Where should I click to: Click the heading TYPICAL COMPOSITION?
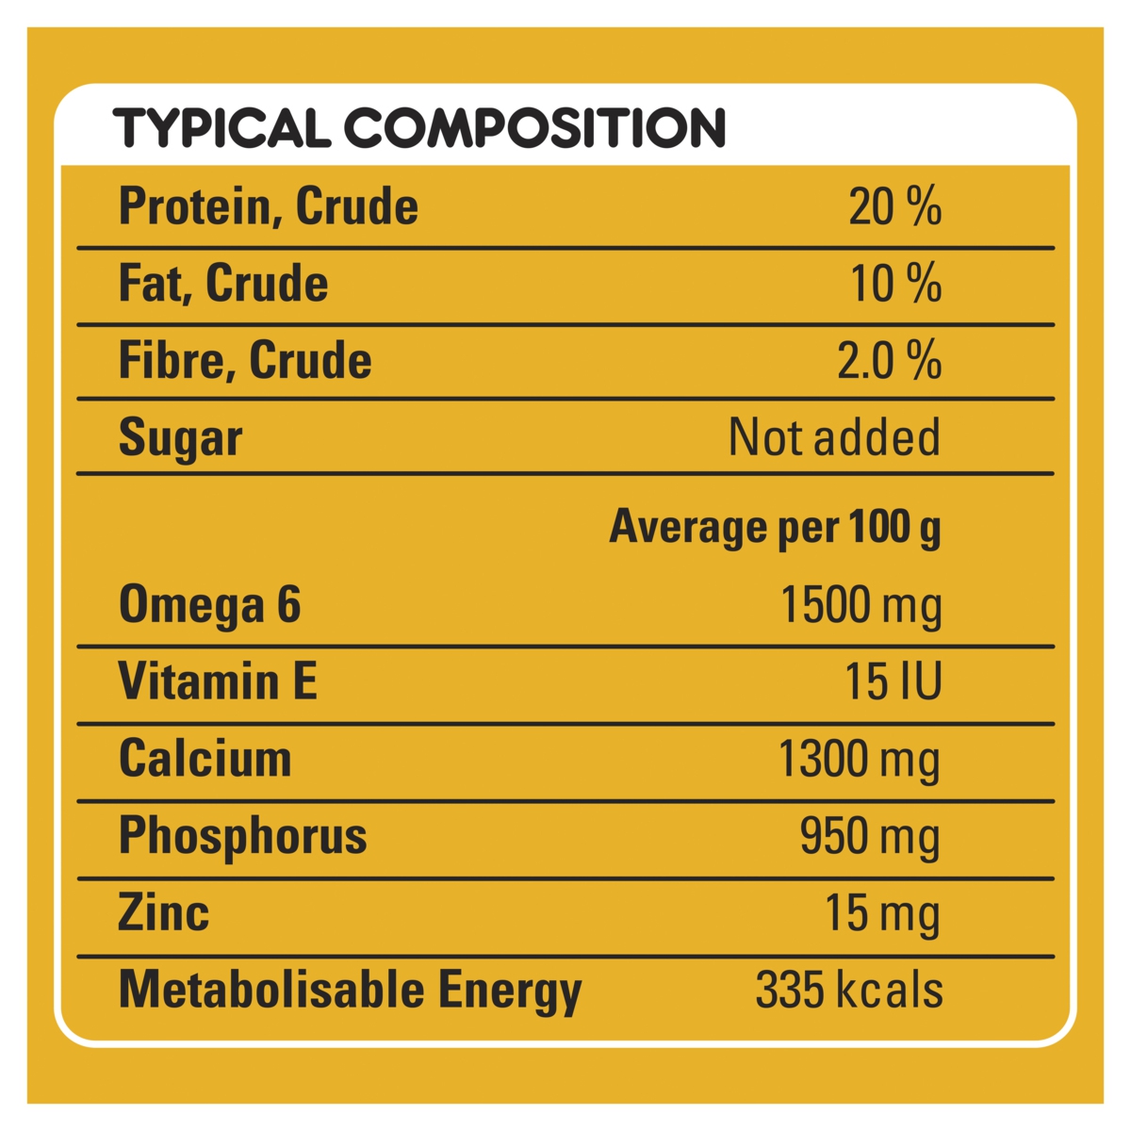tap(419, 128)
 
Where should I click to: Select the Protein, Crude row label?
tap(269, 207)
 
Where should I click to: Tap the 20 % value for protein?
tap(894, 207)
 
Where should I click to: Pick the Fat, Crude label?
tap(223, 284)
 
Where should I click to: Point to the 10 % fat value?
tap(895, 284)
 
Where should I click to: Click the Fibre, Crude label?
tap(245, 361)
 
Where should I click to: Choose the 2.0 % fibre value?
tap(889, 361)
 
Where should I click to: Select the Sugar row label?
tap(180, 438)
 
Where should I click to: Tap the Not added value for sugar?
tap(834, 438)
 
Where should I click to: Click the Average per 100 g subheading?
tap(775, 527)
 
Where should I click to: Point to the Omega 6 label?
tap(209, 604)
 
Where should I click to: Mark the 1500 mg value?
tap(861, 606)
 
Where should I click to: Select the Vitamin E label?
tap(218, 681)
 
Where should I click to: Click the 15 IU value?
tap(893, 681)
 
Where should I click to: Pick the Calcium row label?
tap(205, 759)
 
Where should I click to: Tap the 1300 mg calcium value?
tap(859, 761)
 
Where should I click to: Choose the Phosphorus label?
tap(242, 837)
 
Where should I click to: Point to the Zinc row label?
tap(164, 913)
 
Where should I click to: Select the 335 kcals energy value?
tap(848, 991)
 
